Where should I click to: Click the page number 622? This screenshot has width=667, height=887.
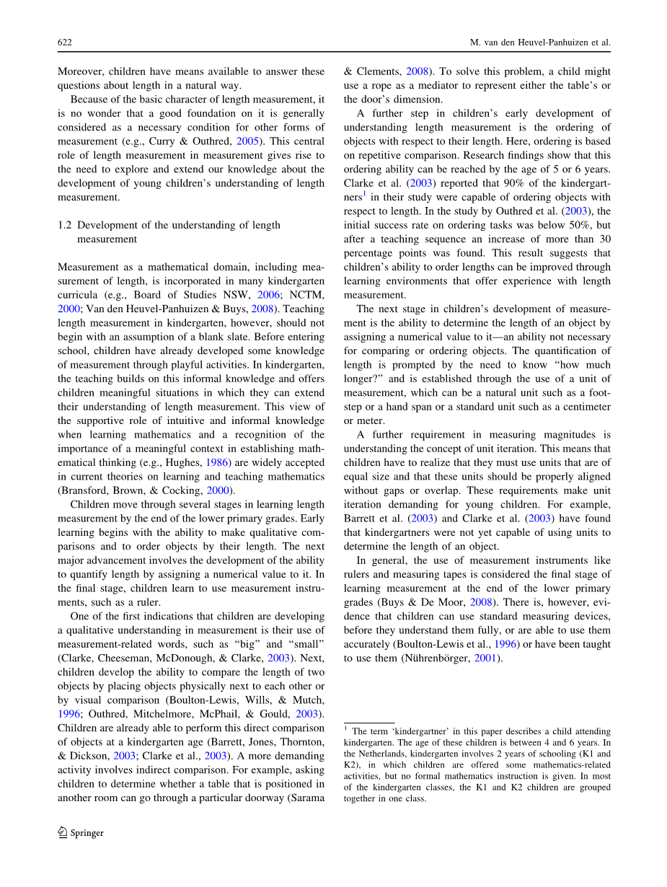[64, 43]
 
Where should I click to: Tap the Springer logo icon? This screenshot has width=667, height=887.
[63, 832]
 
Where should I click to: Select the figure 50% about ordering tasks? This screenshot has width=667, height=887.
[585, 225]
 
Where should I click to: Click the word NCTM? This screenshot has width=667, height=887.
[308, 295]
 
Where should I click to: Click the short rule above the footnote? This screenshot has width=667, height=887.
[368, 722]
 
